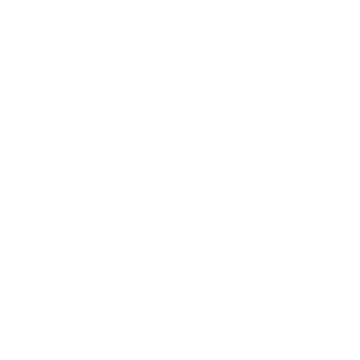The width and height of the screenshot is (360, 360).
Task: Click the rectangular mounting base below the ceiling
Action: [164, 122]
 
